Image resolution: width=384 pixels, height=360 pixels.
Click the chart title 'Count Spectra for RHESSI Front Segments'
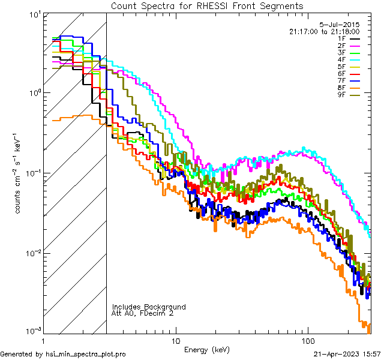tap(207, 5)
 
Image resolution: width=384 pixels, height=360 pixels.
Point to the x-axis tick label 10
tap(175, 340)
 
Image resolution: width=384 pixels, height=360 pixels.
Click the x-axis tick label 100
tap(307, 340)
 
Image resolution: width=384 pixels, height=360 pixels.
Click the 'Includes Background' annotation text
tap(149, 307)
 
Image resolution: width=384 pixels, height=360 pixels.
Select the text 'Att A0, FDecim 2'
tap(143, 313)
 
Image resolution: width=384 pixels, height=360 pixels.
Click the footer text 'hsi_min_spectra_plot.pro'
tap(86, 354)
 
